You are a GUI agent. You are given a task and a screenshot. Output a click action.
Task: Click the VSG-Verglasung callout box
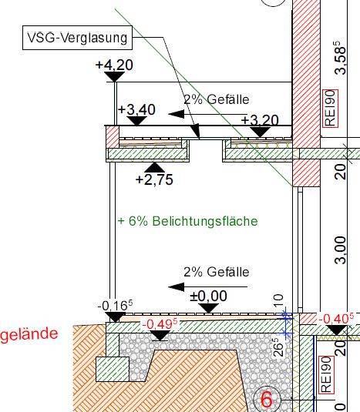coord(77,38)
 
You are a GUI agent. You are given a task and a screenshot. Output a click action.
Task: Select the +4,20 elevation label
coord(114,65)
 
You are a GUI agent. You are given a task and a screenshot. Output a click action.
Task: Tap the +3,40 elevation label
coord(136,109)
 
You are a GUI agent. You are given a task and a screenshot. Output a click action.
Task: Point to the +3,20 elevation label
coord(260,120)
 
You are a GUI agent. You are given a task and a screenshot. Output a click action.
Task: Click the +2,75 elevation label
coord(154,180)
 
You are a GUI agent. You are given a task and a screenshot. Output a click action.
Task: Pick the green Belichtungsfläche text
coord(188,221)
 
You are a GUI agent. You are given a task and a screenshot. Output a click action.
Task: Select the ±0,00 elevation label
coord(209,296)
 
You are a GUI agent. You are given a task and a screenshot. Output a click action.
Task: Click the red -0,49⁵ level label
coord(160,323)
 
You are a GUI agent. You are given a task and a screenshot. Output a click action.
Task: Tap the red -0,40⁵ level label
coord(336,319)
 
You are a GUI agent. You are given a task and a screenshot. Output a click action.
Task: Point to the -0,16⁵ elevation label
coord(115,305)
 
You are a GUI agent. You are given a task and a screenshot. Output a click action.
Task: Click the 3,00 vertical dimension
coord(341,250)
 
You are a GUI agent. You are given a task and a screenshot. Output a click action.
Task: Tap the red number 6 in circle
coord(267,400)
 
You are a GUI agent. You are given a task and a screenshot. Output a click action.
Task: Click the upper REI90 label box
coord(330,108)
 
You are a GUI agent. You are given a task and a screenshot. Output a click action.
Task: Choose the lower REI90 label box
coord(326,375)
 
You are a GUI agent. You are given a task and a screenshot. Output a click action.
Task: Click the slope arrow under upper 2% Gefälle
coord(207,114)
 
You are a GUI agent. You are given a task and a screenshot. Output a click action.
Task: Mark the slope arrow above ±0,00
coord(207,286)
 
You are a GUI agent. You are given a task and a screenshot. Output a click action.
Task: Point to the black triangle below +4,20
coord(114,76)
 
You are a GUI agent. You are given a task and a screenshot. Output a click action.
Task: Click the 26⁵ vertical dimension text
coord(279,347)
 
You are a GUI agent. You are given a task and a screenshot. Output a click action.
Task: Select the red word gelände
coord(29,334)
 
